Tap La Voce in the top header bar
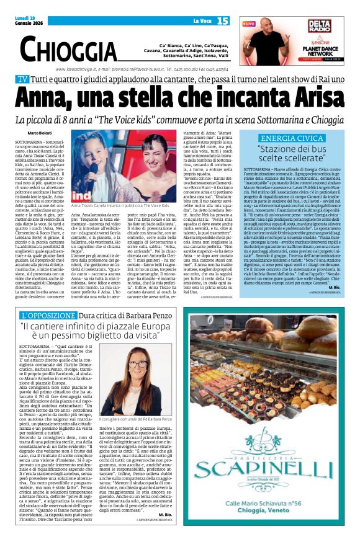click(x=201, y=21)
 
